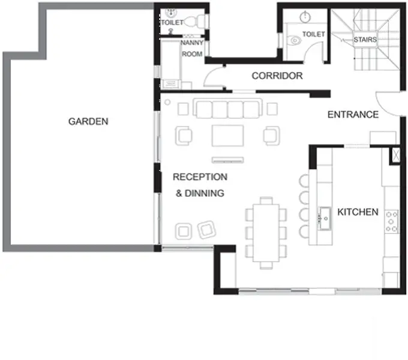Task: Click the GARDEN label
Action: point(88,121)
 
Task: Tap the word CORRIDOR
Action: point(277,76)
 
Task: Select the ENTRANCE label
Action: point(353,115)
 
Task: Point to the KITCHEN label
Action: point(358,212)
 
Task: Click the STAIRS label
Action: point(365,40)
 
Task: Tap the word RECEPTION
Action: point(200,177)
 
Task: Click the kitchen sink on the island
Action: point(325,218)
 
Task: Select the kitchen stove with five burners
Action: point(391,221)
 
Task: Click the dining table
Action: point(266,233)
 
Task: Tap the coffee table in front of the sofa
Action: point(227,136)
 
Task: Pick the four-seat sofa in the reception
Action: point(227,109)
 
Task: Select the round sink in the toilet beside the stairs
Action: point(305,17)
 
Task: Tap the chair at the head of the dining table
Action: point(266,200)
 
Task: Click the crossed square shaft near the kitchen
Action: point(395,155)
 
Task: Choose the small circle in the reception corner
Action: point(167,102)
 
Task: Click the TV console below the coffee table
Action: point(227,160)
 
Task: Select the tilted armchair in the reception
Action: point(206,229)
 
